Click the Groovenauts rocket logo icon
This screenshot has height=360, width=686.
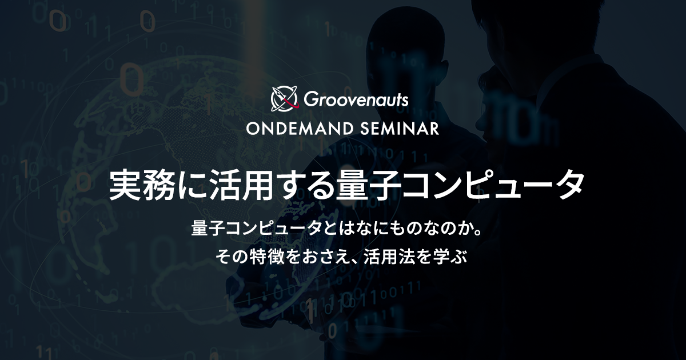pyautogui.click(x=284, y=98)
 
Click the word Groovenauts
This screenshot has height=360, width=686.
pyautogui.click(x=356, y=99)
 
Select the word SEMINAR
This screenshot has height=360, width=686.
pyautogui.click(x=400, y=129)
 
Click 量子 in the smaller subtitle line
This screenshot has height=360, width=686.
pyautogui.click(x=208, y=229)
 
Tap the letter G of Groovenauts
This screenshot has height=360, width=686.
pyautogui.click(x=310, y=99)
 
